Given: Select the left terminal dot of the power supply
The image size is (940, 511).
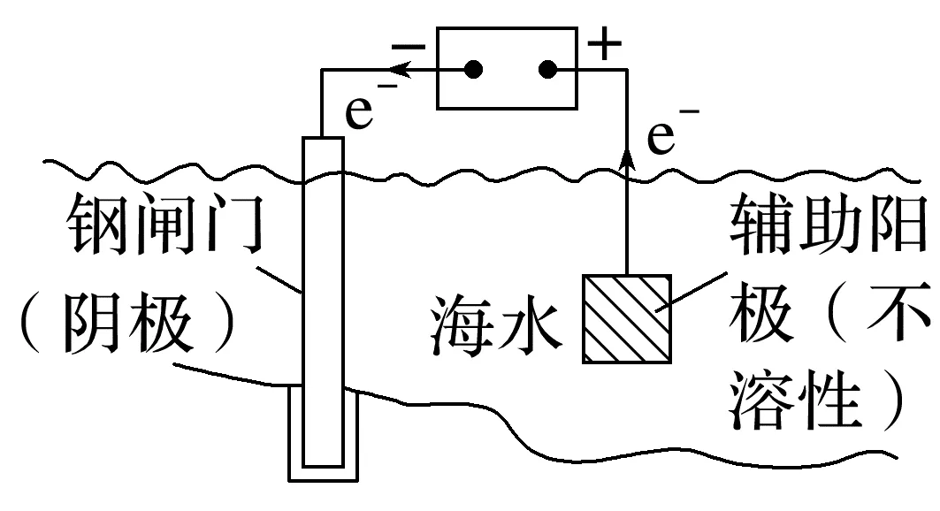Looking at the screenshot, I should coord(475,69).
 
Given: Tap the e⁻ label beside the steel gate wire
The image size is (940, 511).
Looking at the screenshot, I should coord(367,113).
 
